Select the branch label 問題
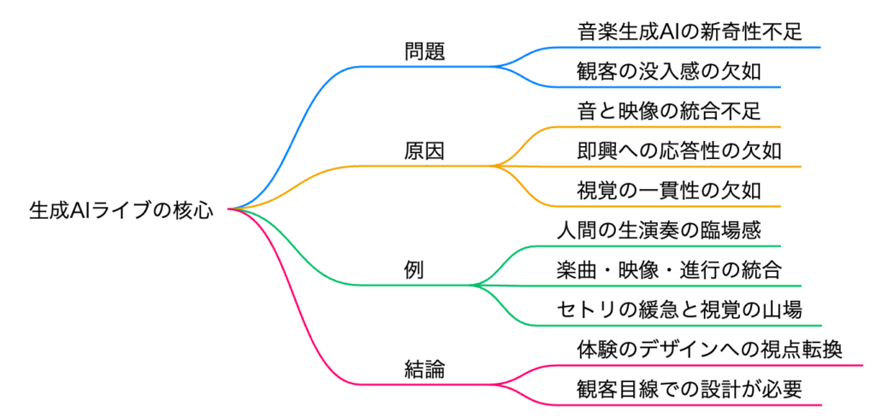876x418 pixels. tap(425, 50)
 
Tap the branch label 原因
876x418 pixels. tap(425, 150)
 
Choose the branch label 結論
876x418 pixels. tap(425, 369)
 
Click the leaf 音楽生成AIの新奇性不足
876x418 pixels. tap(690, 32)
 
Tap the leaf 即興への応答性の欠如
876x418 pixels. tap(679, 151)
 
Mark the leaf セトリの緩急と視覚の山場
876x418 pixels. tap(679, 309)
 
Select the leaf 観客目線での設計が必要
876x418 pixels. tap(690, 389)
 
